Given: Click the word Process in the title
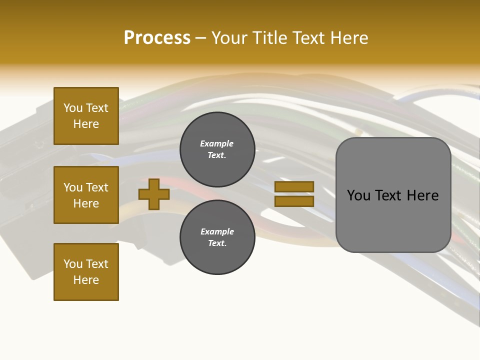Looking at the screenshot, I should tap(157, 38).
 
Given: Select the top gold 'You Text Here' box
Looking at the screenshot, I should tap(86, 116).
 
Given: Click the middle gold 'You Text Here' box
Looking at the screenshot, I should tap(86, 195).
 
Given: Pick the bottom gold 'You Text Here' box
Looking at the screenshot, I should tap(86, 271).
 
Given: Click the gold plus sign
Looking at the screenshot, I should tap(154, 194).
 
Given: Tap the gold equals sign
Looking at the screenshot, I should tap(294, 194).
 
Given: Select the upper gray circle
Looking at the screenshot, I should tap(217, 149).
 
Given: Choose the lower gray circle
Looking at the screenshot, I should tap(217, 237).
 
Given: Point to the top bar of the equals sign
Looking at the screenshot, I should tap(294, 186).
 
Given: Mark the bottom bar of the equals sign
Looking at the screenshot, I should tap(294, 201).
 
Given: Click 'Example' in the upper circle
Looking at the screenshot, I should tap(217, 143).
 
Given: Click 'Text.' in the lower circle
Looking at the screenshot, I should tap(217, 243).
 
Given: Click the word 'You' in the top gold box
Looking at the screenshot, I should tap(73, 108).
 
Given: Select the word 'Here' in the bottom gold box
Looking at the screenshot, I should tap(86, 280).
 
